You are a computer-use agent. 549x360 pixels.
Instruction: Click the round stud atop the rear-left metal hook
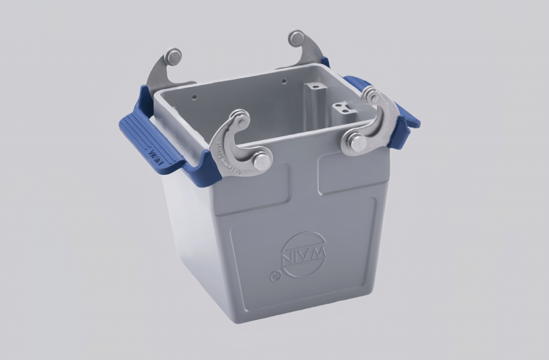(173, 56)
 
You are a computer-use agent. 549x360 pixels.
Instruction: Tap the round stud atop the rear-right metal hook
(296, 38)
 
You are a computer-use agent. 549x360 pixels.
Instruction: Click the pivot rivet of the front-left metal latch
(262, 160)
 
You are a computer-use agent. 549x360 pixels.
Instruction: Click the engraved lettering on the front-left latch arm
(224, 153)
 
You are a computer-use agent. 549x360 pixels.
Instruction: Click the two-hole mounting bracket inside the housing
(344, 111)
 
